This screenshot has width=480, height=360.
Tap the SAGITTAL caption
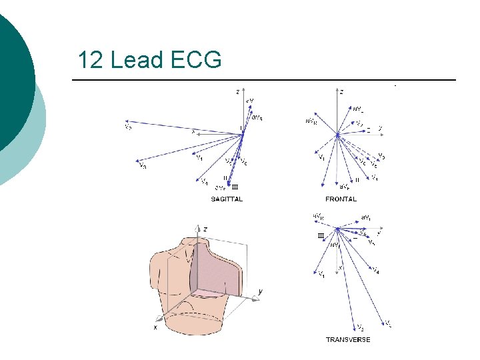227,199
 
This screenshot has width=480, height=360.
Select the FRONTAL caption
341,199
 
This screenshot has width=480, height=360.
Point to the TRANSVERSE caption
347,339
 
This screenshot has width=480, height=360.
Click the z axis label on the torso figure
205,229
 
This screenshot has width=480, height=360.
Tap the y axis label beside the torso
260,291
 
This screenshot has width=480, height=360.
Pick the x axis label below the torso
155,327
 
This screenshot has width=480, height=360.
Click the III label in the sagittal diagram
234,187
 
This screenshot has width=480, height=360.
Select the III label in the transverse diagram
321,235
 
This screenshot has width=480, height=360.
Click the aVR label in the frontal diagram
311,121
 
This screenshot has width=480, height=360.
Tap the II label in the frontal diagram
357,179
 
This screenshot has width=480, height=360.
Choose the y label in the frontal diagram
379,127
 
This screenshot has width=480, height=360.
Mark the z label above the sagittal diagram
238,91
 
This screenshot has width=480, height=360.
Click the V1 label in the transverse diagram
321,273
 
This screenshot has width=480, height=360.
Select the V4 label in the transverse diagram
377,271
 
